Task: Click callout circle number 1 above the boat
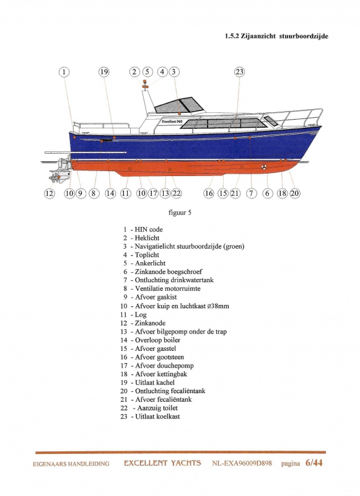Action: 64,72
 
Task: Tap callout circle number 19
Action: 104,72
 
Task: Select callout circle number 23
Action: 240,72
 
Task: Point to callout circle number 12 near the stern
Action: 50,193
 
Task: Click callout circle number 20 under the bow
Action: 294,193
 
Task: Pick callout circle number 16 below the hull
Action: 209,193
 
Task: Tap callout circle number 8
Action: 94,193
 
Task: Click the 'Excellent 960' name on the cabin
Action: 172,122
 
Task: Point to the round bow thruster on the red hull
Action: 264,166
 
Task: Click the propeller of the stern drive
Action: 55,177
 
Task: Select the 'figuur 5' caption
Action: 180,213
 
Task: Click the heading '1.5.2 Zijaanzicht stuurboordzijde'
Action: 276,36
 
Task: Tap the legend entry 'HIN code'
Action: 149,229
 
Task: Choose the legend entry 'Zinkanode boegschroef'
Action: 169,272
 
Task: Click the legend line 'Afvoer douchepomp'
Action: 164,366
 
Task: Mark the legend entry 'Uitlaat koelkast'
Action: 157,417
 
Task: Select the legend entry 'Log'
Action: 141,315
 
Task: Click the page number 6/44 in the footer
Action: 314,463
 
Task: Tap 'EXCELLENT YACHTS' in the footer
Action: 162,463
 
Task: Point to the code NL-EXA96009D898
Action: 242,463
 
